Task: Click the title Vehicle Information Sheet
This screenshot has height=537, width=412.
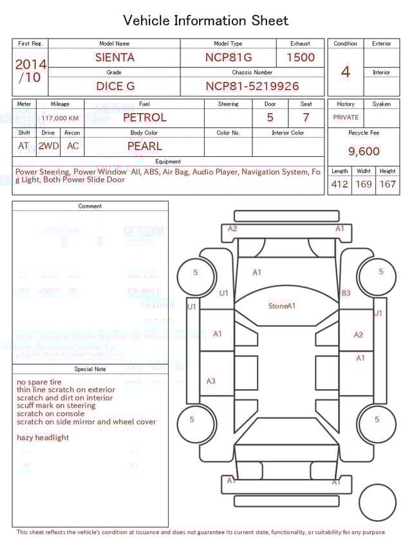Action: [206, 21]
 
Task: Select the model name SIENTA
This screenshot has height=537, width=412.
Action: [115, 57]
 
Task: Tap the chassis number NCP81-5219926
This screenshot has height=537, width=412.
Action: [252, 86]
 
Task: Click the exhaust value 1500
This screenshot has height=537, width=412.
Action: [300, 57]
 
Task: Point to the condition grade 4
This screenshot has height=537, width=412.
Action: [346, 71]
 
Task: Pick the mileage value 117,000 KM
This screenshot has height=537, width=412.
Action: [60, 118]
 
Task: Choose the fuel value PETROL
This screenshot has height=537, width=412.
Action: [144, 118]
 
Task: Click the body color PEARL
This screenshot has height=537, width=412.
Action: [144, 146]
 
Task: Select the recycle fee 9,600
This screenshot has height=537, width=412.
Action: [364, 151]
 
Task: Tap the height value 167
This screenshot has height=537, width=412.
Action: [388, 184]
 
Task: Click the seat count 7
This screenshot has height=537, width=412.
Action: [306, 118]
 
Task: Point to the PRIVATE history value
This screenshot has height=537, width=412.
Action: [346, 117]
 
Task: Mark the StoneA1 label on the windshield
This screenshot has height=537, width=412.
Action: [282, 306]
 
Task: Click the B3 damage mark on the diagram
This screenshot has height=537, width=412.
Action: [346, 293]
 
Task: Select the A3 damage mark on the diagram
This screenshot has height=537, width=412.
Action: [211, 381]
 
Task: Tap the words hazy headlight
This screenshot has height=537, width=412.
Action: [42, 438]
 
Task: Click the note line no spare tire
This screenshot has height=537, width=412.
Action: [39, 382]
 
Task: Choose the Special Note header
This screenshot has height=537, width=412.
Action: [90, 369]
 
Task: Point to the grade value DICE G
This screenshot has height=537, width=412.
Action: [115, 86]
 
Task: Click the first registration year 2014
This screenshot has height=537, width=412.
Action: [30, 64]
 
